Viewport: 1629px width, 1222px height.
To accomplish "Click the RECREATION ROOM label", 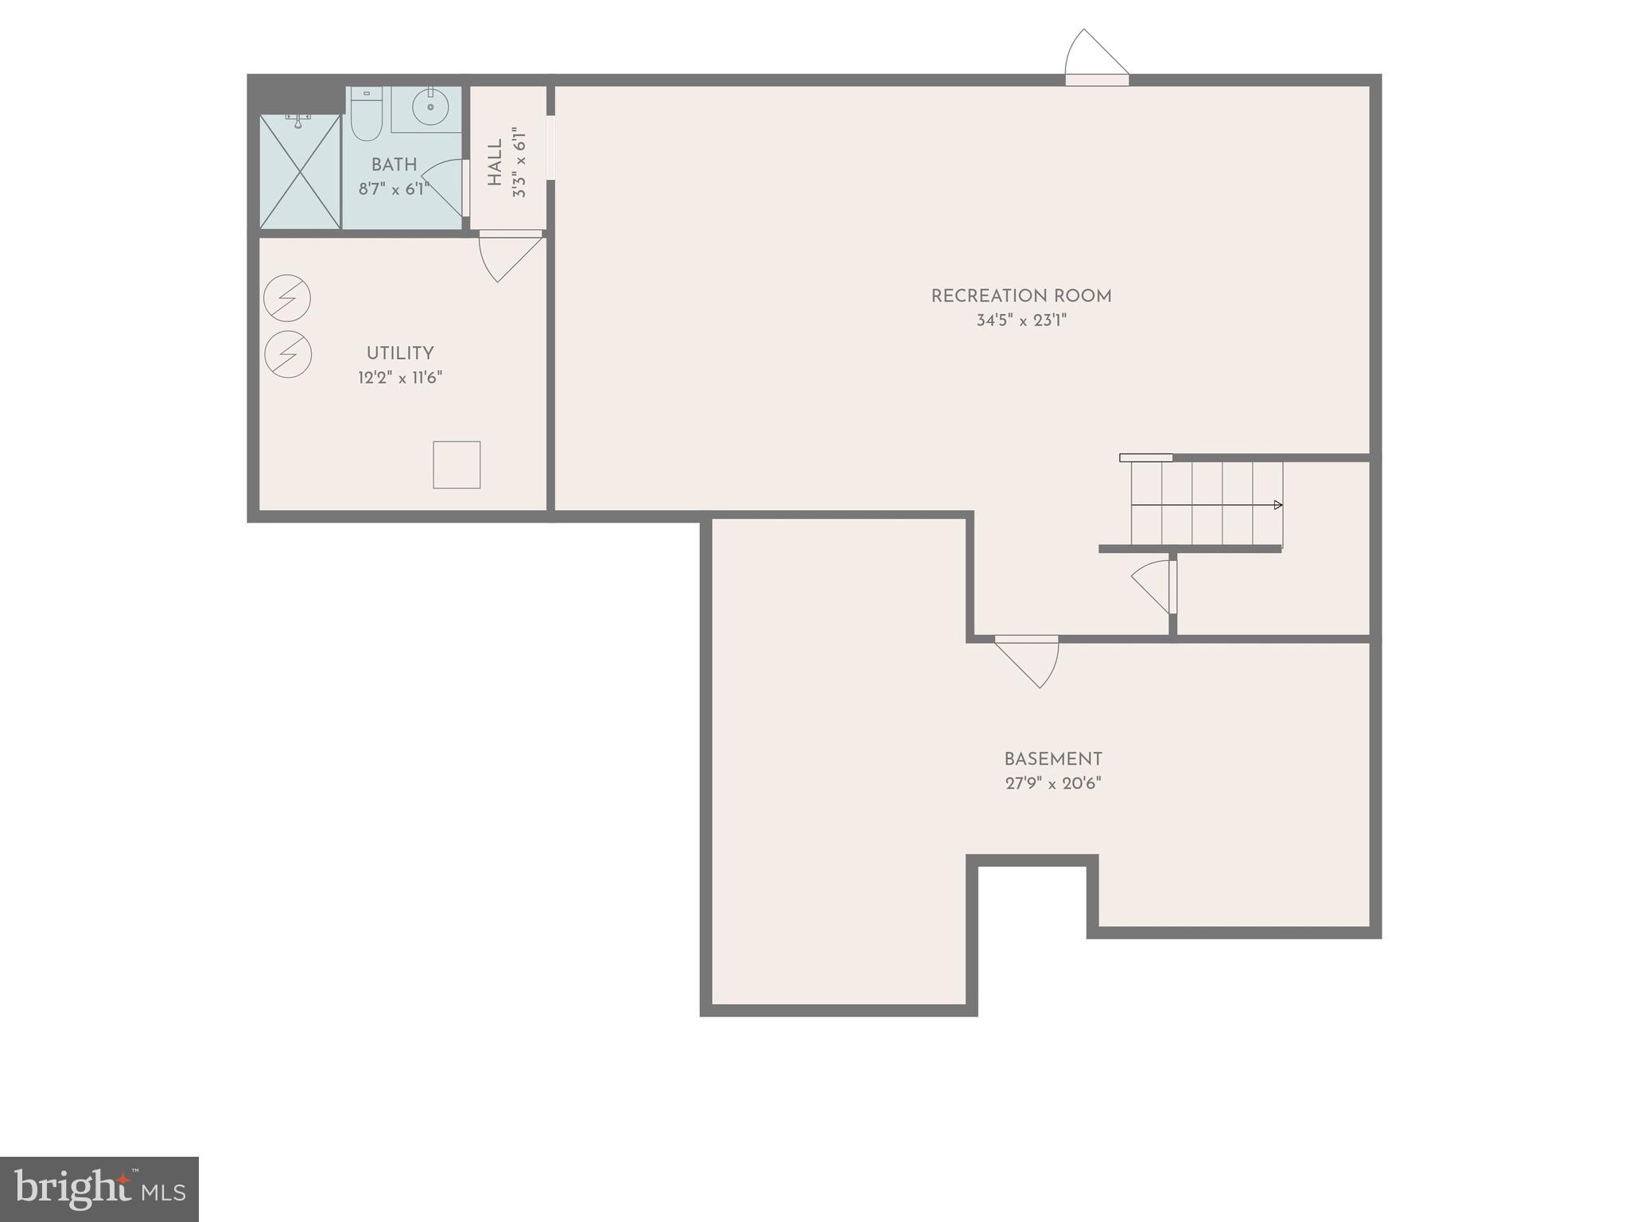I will [1021, 296].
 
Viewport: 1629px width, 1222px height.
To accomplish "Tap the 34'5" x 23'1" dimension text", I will [1021, 321].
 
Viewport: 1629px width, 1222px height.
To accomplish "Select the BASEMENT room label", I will [1052, 759].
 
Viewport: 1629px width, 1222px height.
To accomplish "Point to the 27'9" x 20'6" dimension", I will [1052, 784].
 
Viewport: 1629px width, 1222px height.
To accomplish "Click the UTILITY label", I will [400, 353].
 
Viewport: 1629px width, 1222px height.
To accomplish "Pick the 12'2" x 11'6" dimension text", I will [400, 378].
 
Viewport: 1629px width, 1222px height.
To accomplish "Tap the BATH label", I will [394, 165].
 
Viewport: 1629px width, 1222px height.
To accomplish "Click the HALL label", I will [496, 163].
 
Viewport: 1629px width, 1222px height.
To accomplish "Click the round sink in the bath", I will [430, 107].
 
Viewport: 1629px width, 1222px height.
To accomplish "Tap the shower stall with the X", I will [300, 172].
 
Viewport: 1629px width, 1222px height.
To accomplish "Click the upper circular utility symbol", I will [287, 298].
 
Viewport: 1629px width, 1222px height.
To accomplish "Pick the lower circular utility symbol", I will [287, 354].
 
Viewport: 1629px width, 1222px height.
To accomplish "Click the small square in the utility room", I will [457, 465].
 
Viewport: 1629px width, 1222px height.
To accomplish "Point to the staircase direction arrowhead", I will [1277, 505].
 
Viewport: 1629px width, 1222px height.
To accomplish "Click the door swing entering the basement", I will [1031, 660].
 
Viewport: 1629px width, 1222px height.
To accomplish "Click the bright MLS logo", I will [99, 1189].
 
